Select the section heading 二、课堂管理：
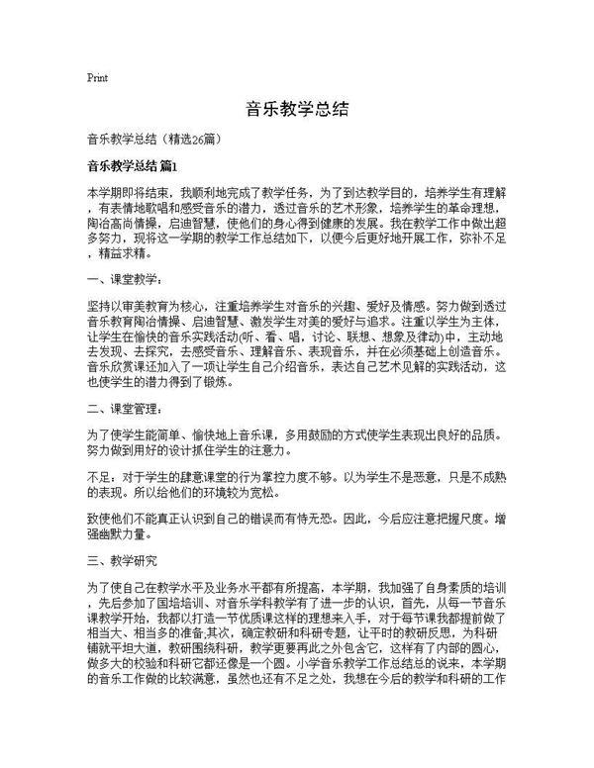tap(121, 408)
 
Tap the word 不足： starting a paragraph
tap(101, 475)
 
